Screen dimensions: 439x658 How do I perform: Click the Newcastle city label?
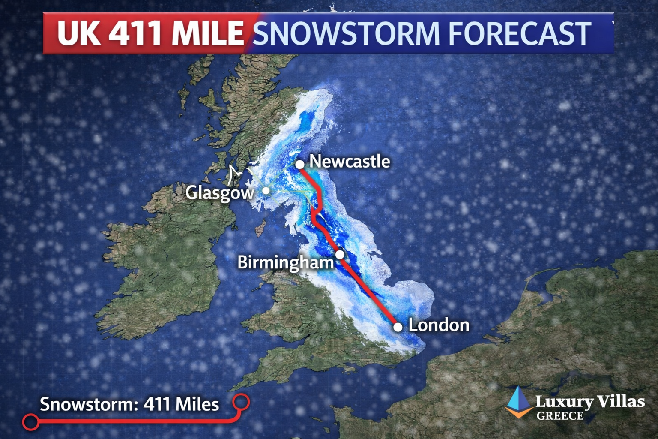(x=350, y=162)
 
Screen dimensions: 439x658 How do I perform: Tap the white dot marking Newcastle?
(x=300, y=164)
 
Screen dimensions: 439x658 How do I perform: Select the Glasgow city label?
(x=220, y=193)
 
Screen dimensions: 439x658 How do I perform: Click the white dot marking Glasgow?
(x=266, y=190)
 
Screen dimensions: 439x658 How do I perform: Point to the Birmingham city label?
(x=285, y=262)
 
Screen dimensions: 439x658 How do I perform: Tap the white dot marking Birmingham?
(x=340, y=254)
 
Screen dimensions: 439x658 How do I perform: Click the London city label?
(x=439, y=325)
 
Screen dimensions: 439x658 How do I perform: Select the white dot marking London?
(x=398, y=327)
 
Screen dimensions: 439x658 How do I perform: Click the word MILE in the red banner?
(x=208, y=33)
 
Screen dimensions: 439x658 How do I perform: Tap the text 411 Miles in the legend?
(x=181, y=404)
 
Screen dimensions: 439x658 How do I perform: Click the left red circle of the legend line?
(x=31, y=422)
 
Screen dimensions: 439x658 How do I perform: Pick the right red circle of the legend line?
(x=241, y=402)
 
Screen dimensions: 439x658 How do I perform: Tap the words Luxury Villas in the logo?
(x=589, y=402)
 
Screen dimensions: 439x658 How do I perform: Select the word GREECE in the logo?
(x=560, y=416)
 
